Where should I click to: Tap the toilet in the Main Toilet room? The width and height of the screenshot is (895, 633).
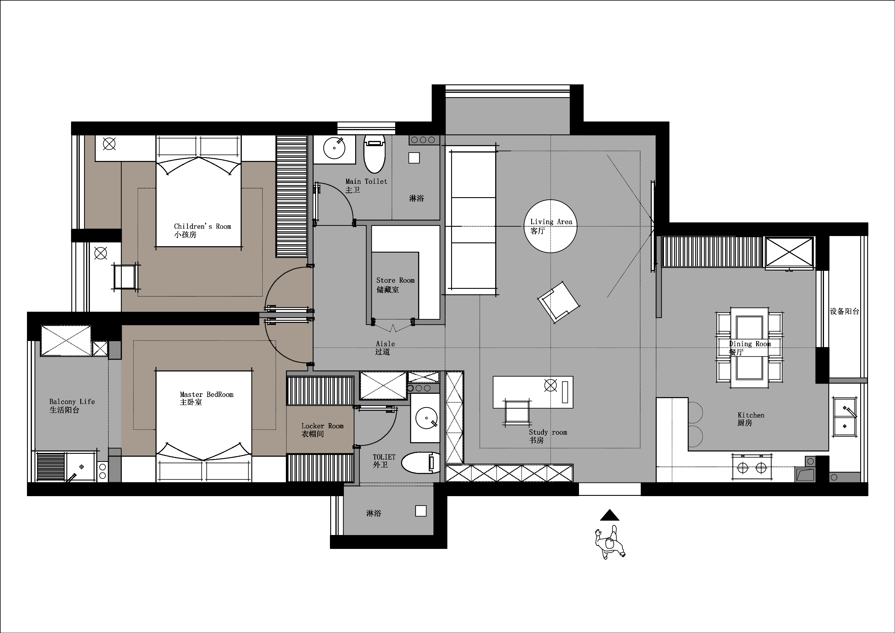click(374, 154)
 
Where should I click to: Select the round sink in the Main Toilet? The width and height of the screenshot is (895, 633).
click(334, 148)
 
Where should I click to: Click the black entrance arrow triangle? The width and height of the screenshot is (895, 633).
click(610, 515)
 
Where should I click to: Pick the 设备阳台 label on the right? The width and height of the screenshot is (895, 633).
click(844, 311)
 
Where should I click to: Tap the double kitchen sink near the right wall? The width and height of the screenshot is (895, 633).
click(845, 417)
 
